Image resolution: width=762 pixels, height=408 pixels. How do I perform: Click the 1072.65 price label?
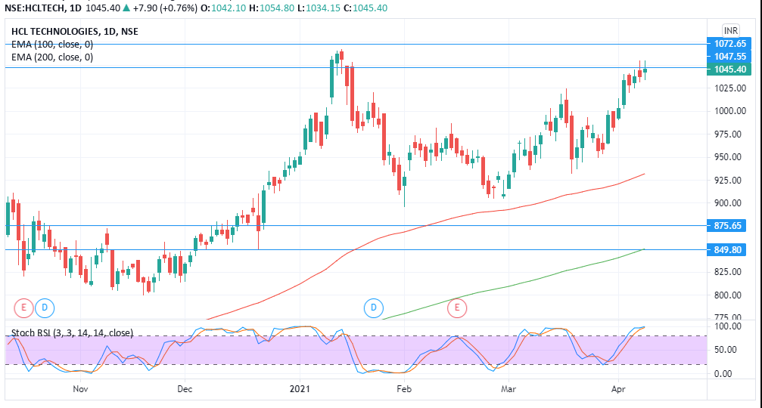[x=730, y=44]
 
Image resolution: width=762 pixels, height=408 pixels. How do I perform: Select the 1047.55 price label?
[x=730, y=57]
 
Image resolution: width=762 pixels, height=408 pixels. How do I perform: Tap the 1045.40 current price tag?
[x=730, y=70]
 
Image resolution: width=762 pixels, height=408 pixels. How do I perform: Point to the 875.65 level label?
[x=730, y=225]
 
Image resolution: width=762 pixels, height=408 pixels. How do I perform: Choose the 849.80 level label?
[x=730, y=249]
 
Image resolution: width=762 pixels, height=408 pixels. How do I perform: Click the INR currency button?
[x=731, y=30]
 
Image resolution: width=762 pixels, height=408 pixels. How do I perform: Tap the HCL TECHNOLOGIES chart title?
[x=75, y=32]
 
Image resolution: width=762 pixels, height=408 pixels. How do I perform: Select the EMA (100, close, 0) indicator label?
[x=52, y=45]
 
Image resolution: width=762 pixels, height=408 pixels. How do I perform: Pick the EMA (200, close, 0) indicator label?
[x=52, y=57]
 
